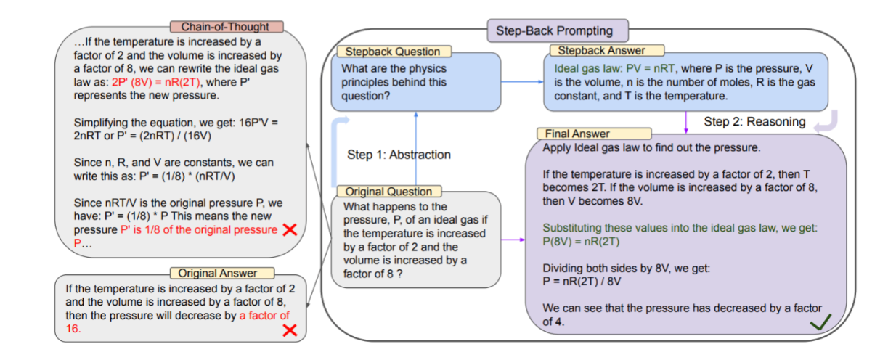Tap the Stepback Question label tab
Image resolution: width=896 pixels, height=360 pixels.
coord(392,52)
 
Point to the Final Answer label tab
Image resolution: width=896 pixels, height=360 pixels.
coord(578,134)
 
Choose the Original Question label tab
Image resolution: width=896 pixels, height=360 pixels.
coord(388,192)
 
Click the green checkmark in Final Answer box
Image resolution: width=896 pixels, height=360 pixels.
coord(820,322)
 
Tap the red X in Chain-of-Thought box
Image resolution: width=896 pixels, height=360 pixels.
coord(290,230)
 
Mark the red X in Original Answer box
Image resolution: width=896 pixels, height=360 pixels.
coord(290,330)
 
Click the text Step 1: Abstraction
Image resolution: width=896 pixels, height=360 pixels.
coord(399,155)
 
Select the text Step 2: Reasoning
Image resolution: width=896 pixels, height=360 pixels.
coord(754,121)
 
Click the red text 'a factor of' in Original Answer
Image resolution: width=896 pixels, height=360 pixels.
coord(264,316)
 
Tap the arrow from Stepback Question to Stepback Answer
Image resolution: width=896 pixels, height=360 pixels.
coord(521,81)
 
